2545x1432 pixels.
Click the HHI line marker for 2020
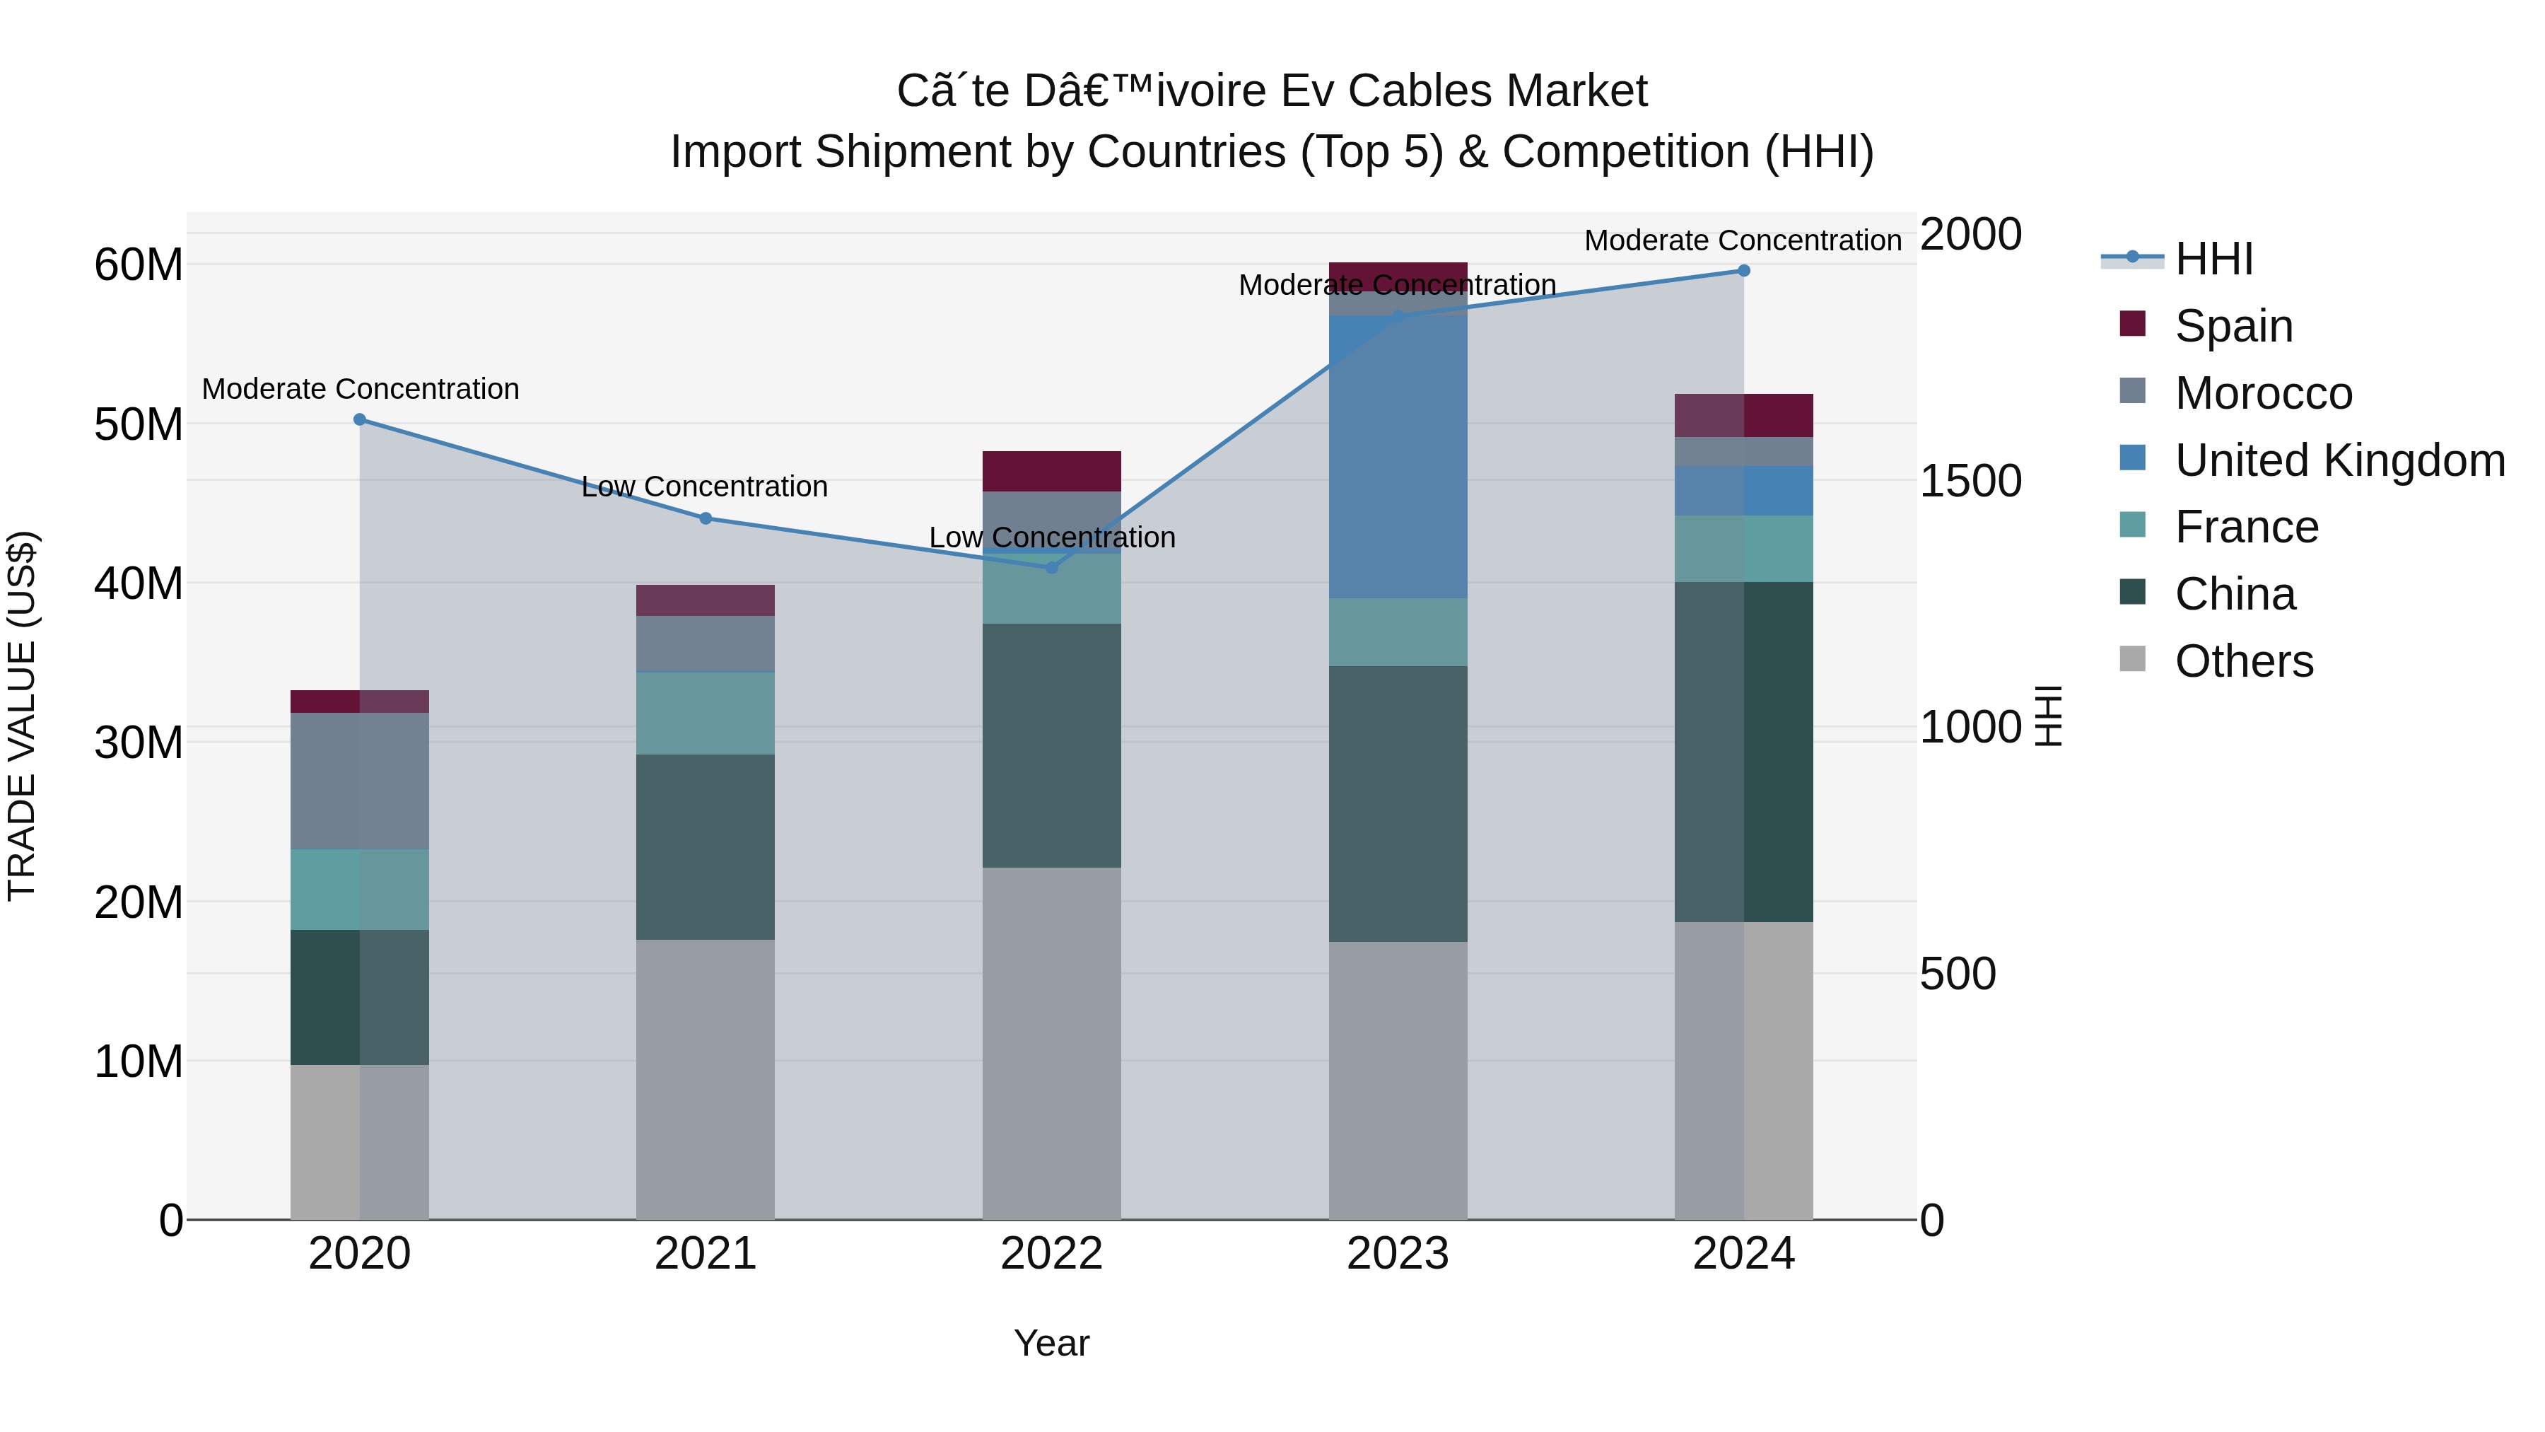point(360,420)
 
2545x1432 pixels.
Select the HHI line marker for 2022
point(1051,567)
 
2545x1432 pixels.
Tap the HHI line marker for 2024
point(1744,271)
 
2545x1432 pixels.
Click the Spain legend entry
point(2233,326)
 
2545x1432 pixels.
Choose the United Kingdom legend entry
point(2339,460)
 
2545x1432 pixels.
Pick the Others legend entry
point(2244,661)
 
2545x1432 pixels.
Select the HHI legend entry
point(2213,259)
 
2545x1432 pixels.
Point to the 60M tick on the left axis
point(139,265)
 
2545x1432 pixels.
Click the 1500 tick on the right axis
point(1971,482)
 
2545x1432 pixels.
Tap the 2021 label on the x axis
point(706,1254)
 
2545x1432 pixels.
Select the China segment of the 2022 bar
point(1051,745)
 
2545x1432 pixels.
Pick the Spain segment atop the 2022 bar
point(1051,472)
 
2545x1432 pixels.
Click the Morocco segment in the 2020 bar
point(360,781)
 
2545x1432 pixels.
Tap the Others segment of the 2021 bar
point(706,1079)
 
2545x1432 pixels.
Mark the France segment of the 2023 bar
point(1398,631)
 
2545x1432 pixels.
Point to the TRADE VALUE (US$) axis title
point(22,716)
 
